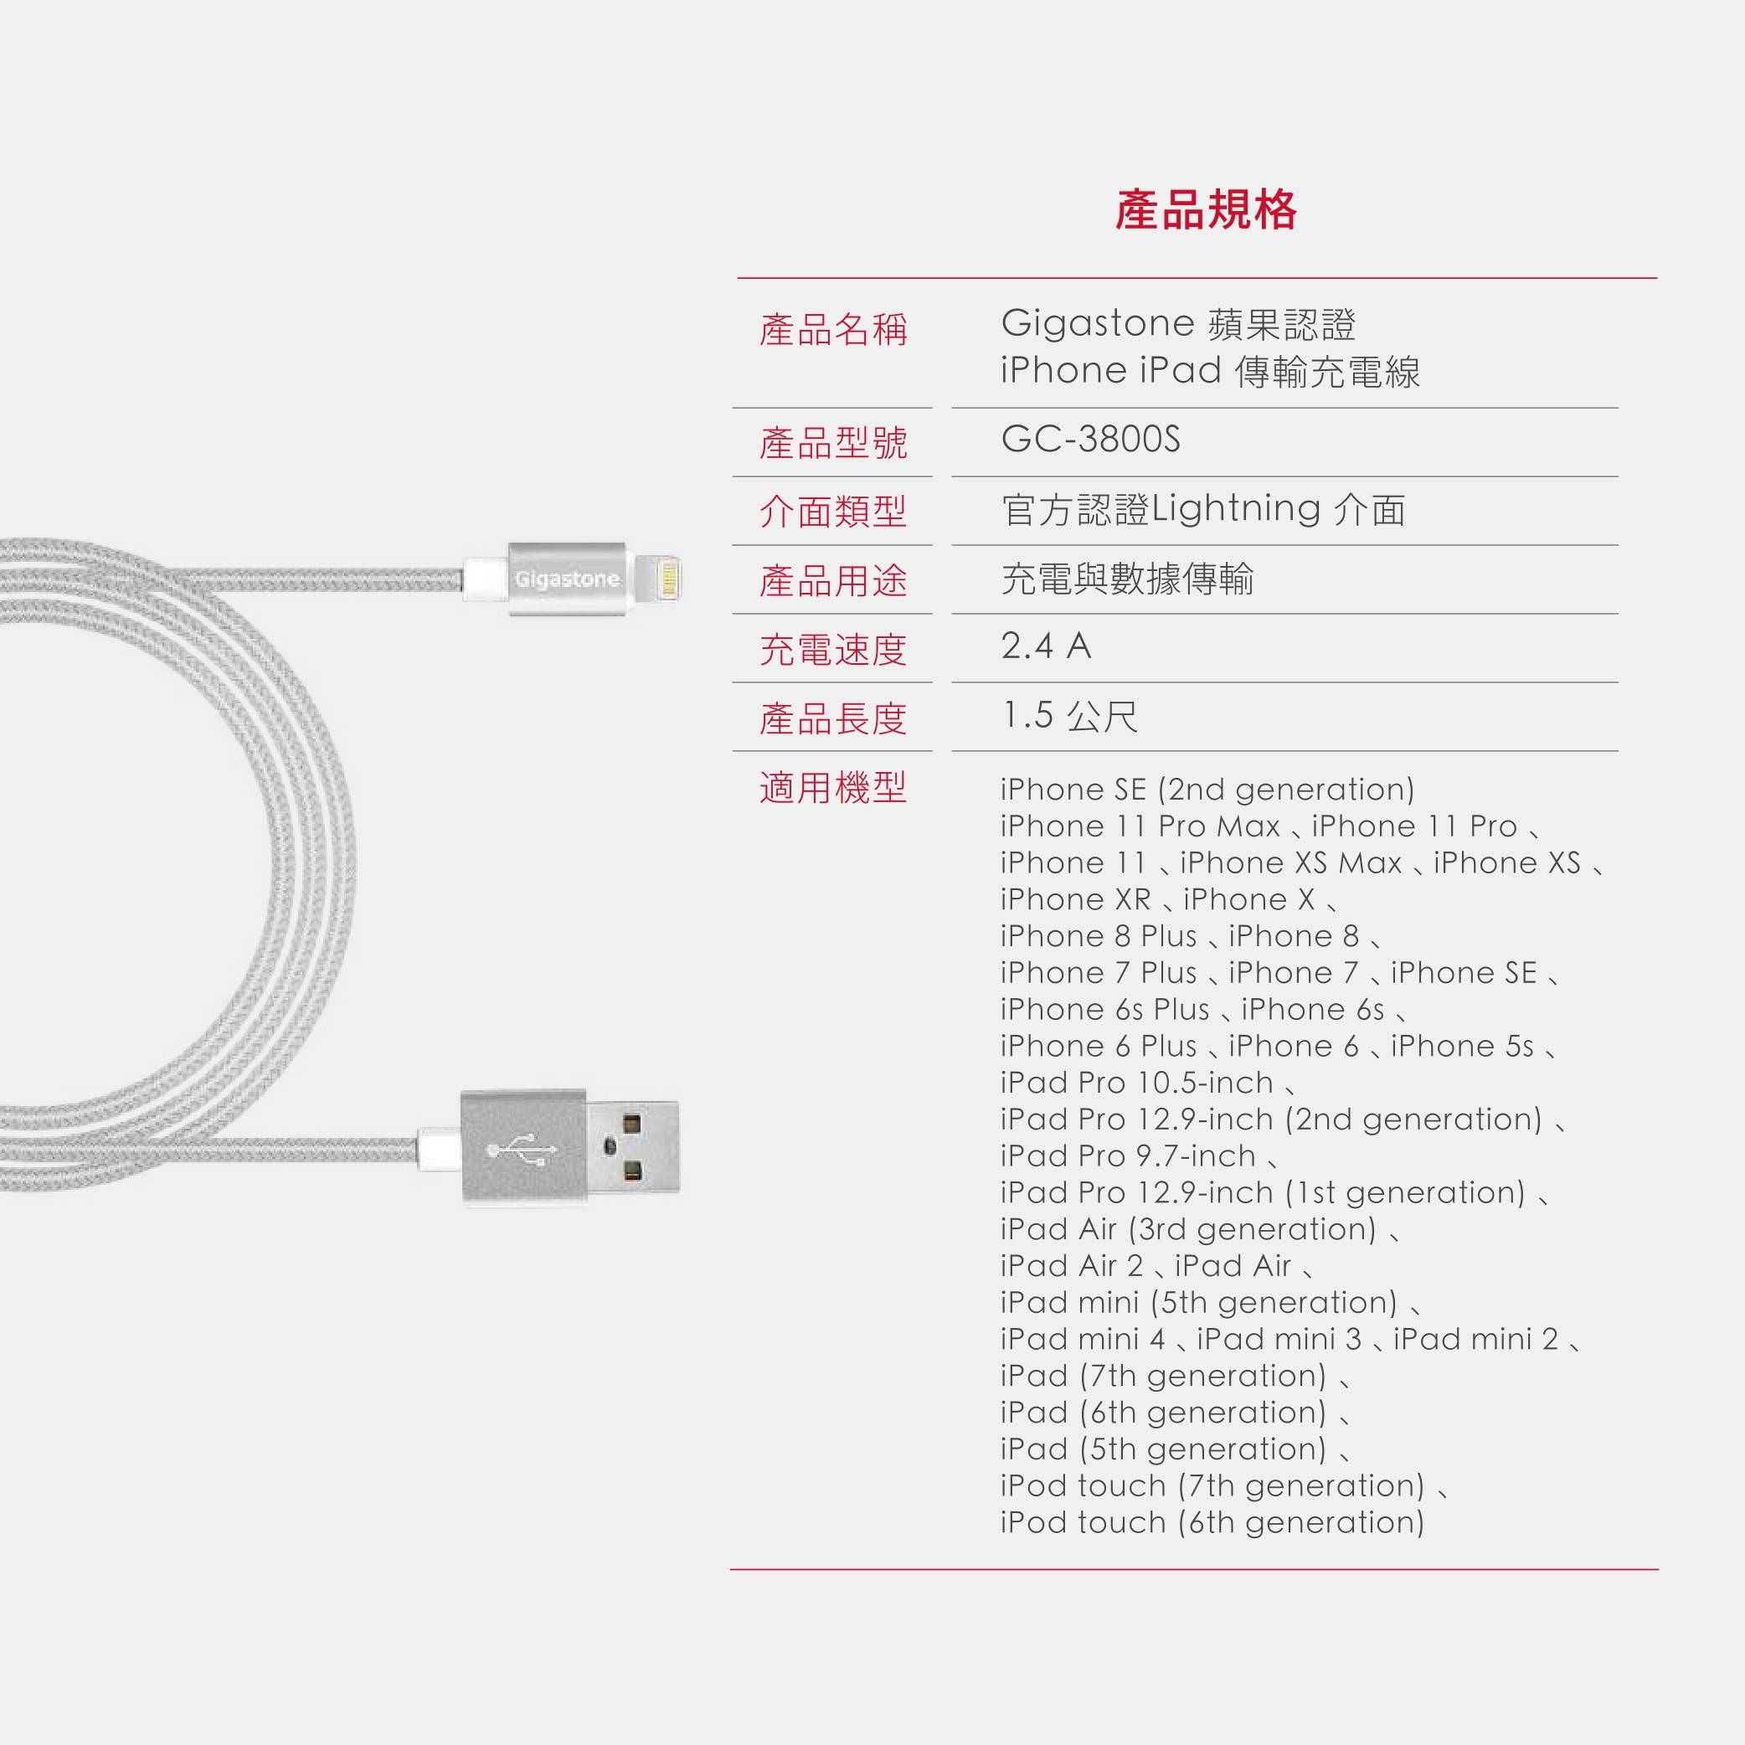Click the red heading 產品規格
(1206, 209)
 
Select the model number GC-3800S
(1090, 439)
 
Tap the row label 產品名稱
(833, 330)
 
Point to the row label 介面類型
(833, 512)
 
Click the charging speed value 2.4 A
(1046, 646)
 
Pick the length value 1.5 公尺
(1069, 716)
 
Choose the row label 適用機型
(833, 788)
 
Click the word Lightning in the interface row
(1236, 509)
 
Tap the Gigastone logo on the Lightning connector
(567, 579)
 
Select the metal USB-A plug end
(632, 1148)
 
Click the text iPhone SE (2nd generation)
(1207, 790)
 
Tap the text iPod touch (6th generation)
(1212, 1522)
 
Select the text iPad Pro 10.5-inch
(1137, 1082)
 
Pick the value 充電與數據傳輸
(1127, 579)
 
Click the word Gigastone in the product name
(1098, 323)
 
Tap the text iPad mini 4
(1082, 1339)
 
